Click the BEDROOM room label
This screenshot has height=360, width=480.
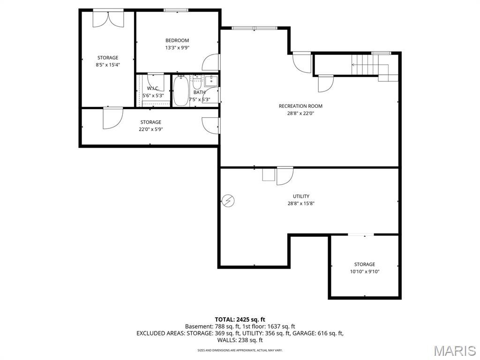pyautogui.click(x=177, y=40)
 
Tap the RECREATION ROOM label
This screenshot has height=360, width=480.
pyautogui.click(x=300, y=106)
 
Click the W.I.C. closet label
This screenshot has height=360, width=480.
pyautogui.click(x=153, y=88)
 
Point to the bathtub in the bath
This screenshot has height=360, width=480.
pyautogui.click(x=180, y=91)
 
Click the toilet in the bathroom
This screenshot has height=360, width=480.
pyautogui.click(x=197, y=82)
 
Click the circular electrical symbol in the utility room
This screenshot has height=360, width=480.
pyautogui.click(x=228, y=201)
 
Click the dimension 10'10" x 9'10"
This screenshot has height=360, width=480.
pyautogui.click(x=364, y=271)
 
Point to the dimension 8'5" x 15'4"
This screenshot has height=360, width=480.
pyautogui.click(x=108, y=65)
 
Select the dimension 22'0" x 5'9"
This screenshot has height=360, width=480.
pyautogui.click(x=150, y=129)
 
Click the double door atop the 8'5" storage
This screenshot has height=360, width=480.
pyautogui.click(x=108, y=18)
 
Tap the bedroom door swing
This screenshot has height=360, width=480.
pyautogui.click(x=211, y=62)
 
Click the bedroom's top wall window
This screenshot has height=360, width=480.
pyautogui.click(x=176, y=10)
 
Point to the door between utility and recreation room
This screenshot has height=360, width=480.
pyautogui.click(x=284, y=175)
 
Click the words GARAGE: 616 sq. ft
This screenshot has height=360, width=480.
pyautogui.click(x=322, y=333)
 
